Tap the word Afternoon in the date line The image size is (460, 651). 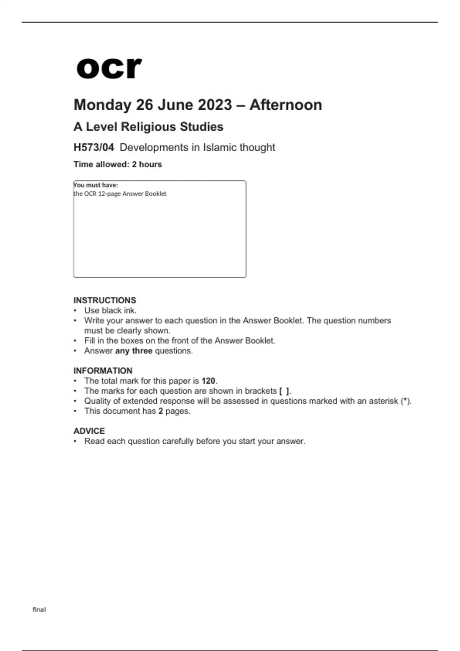click(286, 105)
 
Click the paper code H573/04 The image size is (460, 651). click(94, 147)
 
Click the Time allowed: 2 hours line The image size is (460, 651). click(118, 164)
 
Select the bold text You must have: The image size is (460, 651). click(96, 185)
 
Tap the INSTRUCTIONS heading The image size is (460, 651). click(105, 300)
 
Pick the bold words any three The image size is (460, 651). click(134, 351)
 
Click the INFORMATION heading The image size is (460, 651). click(103, 371)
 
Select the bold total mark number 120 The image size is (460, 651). click(209, 381)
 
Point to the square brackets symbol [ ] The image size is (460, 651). click(284, 391)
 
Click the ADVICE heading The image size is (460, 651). click(89, 431)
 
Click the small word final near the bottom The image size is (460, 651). click(39, 609)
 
